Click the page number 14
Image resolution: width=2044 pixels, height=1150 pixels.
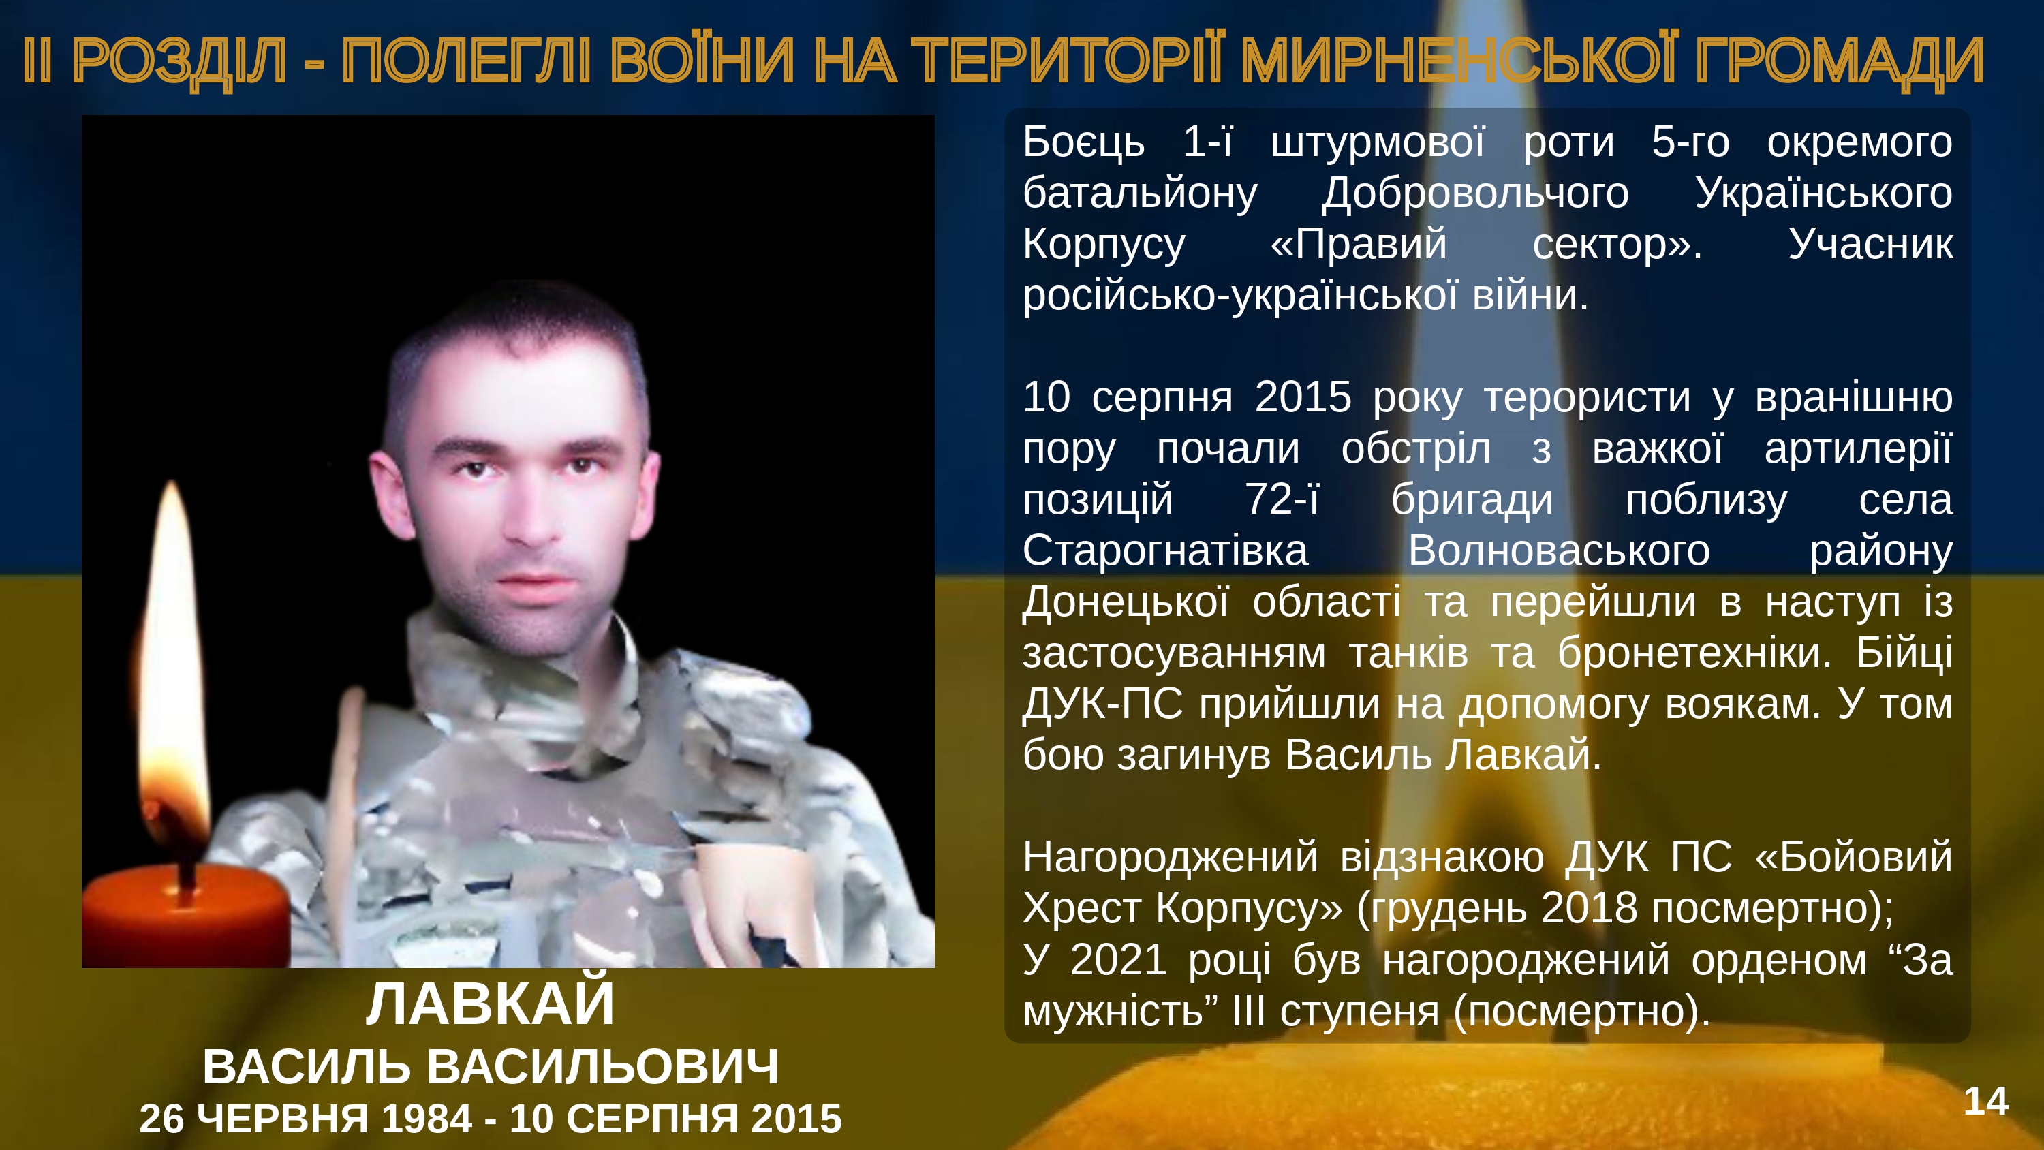coord(1985,1102)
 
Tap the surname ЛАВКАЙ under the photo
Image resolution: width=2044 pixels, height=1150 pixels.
coord(491,1004)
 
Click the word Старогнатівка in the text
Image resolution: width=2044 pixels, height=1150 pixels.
coord(1165,550)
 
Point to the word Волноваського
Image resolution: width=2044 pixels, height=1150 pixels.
coord(1558,550)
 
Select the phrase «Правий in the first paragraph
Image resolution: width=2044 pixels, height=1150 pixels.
coord(1359,245)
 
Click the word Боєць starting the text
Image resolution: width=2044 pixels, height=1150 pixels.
coord(1083,143)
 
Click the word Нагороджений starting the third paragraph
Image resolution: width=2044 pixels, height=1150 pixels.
coord(1171,858)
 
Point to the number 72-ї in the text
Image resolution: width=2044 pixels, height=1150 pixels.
coord(1282,499)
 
